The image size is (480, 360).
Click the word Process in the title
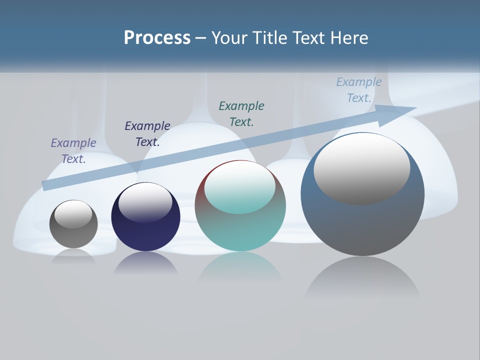click(x=157, y=38)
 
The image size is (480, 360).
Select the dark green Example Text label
click(x=241, y=113)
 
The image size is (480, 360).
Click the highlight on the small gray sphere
click(x=73, y=214)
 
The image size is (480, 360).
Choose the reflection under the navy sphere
click(x=145, y=263)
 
